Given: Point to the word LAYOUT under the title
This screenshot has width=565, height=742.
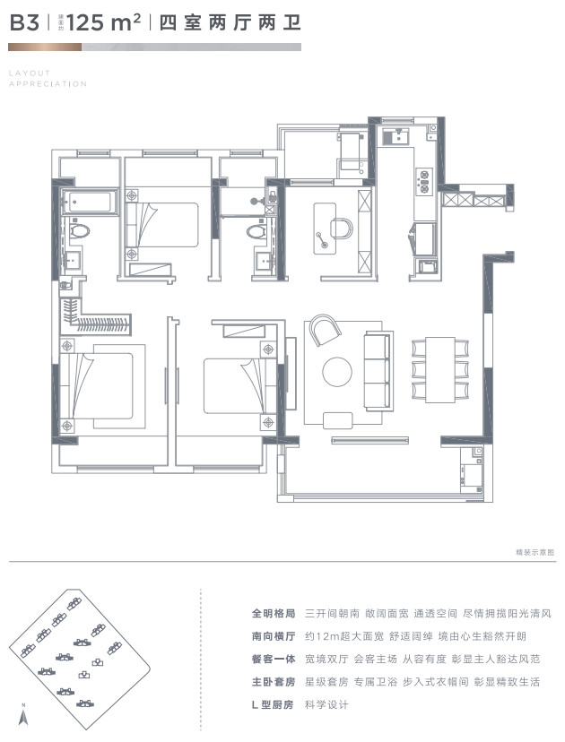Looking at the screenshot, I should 30,73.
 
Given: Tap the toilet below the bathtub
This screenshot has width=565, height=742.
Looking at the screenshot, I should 80,231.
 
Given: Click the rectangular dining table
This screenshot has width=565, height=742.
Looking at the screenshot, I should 440,369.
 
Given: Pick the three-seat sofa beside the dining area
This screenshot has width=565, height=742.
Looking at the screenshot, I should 376,367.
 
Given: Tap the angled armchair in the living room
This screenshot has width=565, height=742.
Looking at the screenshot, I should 325,332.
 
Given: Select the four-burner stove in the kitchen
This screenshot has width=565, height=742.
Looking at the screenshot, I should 421,180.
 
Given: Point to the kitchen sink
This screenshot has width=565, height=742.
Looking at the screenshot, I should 395,137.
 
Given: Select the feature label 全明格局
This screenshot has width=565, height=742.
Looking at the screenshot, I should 274,614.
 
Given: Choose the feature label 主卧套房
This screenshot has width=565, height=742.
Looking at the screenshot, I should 274,682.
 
